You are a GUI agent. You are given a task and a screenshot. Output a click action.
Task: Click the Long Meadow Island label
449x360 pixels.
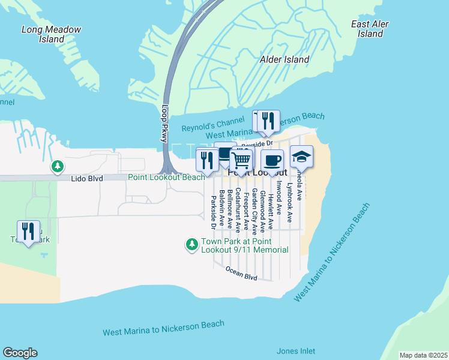coord(51,34)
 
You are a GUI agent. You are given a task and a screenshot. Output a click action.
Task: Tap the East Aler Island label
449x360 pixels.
coord(370,29)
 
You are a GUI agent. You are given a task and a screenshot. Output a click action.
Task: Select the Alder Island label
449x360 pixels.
coord(285,59)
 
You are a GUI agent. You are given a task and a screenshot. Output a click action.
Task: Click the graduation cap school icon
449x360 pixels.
coord(301,157)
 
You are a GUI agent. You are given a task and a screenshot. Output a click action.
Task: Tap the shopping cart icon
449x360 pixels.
coord(241,160)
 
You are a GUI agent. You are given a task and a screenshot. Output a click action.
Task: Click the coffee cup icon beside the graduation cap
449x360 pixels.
coord(271,161)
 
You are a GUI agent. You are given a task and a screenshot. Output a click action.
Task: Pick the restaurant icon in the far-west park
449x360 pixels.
coord(28,231)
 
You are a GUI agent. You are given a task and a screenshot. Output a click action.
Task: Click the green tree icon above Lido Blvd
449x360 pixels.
coord(58,166)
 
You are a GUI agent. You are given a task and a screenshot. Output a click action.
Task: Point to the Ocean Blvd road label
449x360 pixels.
coord(241,274)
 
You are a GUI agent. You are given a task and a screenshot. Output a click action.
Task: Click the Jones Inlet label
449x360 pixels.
coord(295,351)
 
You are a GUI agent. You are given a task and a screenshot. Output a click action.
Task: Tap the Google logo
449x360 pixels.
coord(20,353)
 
